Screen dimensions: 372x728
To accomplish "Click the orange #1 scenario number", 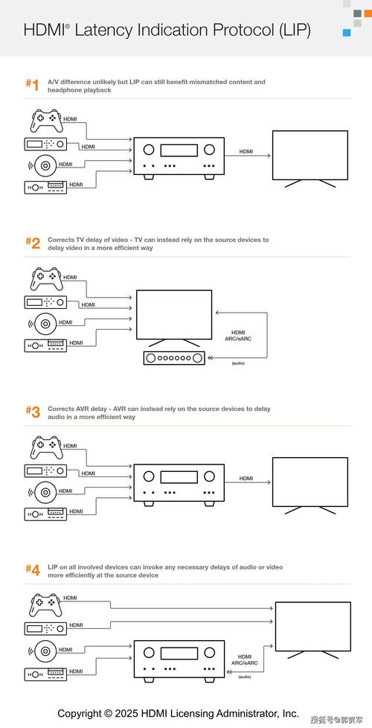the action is coord(32,85).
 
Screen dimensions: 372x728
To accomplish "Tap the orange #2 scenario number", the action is coord(33,243).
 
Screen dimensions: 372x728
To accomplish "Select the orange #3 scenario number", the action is coord(33,412).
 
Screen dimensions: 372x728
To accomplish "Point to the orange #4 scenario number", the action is coord(33,570).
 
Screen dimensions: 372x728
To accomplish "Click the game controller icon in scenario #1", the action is coord(46,121).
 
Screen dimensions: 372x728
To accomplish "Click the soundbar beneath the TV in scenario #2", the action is coord(174,358).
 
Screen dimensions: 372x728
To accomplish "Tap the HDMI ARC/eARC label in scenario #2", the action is coord(238,336).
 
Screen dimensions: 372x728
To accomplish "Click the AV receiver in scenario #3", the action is coord(179,483).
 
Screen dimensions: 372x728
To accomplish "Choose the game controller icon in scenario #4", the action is coord(46,604).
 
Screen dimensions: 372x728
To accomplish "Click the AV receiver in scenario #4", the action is coord(179,661).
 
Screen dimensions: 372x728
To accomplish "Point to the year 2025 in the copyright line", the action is coord(126,713).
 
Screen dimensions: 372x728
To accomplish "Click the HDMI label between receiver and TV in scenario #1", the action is coord(246,151).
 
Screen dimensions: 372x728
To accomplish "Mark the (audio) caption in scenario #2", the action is coord(238,363).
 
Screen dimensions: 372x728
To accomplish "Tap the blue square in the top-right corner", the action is coord(347,33).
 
